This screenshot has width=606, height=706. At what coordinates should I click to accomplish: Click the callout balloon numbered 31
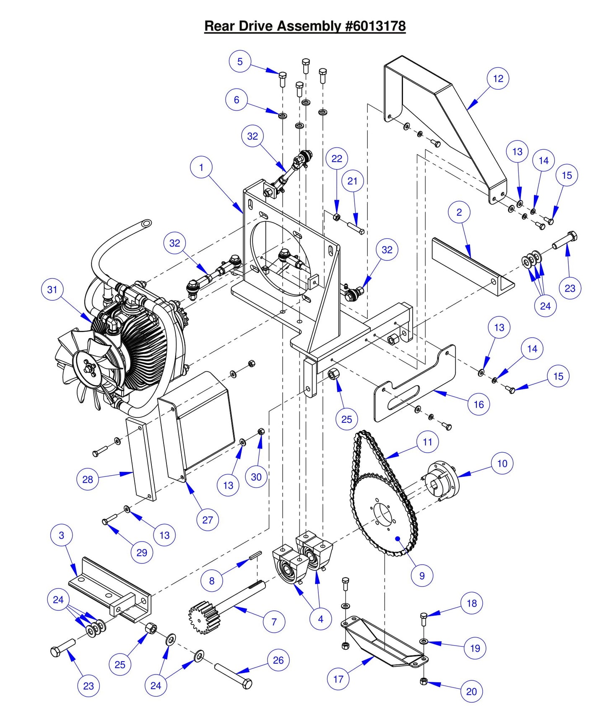(x=52, y=289)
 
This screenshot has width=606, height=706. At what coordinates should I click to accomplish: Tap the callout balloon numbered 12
(x=498, y=78)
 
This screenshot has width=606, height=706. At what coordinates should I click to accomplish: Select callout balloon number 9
(x=422, y=576)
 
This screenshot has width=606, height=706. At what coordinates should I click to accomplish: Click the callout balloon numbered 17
(x=338, y=679)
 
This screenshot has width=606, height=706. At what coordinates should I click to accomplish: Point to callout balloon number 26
(x=278, y=660)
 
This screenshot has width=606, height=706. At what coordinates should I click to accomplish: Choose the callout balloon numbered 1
(x=201, y=167)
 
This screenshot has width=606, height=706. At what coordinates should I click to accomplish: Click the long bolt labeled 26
(x=233, y=675)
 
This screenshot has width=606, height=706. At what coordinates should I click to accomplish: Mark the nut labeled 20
(x=424, y=681)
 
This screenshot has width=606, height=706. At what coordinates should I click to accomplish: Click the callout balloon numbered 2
(x=459, y=212)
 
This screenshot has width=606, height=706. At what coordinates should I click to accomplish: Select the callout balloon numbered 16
(x=479, y=404)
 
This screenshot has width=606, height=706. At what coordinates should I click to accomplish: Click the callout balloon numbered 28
(x=87, y=479)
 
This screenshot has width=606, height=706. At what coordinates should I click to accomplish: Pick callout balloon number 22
(x=337, y=159)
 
